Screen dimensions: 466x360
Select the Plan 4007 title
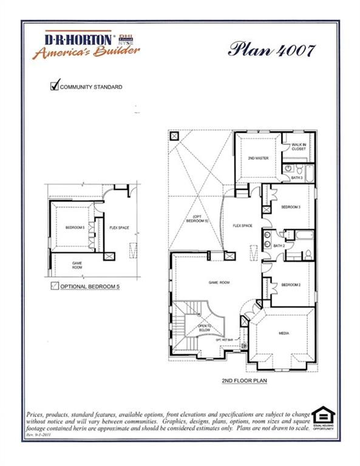point(271,50)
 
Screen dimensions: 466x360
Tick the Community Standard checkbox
point(54,87)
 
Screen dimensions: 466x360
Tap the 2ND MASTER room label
point(258,158)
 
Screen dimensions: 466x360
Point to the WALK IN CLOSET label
point(299,146)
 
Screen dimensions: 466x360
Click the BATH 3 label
point(296,178)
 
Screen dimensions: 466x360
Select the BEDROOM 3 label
point(291,208)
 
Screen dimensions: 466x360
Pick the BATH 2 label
point(279,246)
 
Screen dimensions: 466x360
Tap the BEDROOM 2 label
point(291,285)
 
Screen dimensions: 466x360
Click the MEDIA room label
point(283,334)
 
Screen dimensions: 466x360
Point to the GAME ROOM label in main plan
point(217,283)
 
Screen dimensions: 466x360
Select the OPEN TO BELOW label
point(205,328)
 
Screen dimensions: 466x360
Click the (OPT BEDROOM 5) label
point(199,220)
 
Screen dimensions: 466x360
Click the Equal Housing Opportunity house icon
point(322,416)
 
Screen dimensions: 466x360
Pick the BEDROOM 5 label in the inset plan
point(75,228)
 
